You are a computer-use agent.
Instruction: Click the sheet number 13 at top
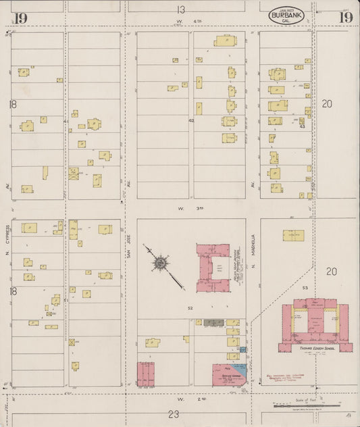pyautogui.click(x=180, y=9)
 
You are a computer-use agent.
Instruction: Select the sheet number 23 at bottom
pyautogui.click(x=174, y=413)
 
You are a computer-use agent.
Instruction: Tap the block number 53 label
pyautogui.click(x=305, y=288)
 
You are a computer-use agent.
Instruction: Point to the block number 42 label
pyautogui.click(x=191, y=120)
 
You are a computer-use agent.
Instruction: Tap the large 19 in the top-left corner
pyautogui.click(x=20, y=18)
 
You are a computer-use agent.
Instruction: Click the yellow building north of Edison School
pyautogui.click(x=293, y=236)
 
